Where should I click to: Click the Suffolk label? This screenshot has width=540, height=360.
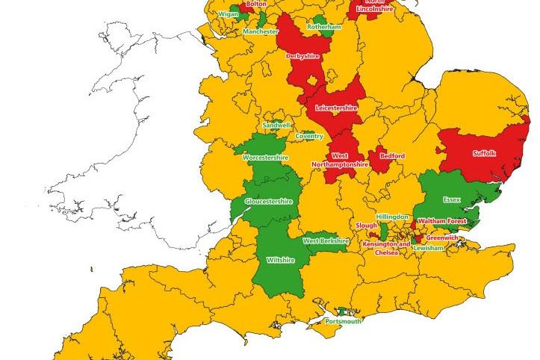coord(484,154)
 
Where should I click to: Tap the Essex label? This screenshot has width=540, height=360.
coord(452,200)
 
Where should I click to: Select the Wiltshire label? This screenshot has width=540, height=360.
coord(280,260)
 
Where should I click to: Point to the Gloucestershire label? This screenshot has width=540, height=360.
coord(268,202)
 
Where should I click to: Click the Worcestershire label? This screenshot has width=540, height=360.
coord(265,158)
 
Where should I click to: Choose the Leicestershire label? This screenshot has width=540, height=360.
coord(337,108)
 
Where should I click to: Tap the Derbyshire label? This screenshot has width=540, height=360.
coord(304,55)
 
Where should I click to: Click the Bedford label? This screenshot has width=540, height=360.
coord(392,156)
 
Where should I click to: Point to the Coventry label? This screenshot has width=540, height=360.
coord(309,136)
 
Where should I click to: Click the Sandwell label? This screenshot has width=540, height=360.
coord(277,125)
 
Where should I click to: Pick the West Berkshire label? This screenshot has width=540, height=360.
coord(326,241)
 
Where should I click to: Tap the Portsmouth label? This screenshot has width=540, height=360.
coord(344,321)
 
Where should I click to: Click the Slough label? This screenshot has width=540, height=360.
coord(367,225)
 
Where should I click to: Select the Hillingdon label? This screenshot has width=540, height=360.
coord(392,217)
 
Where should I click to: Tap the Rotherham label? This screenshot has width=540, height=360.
coord(323,27)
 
